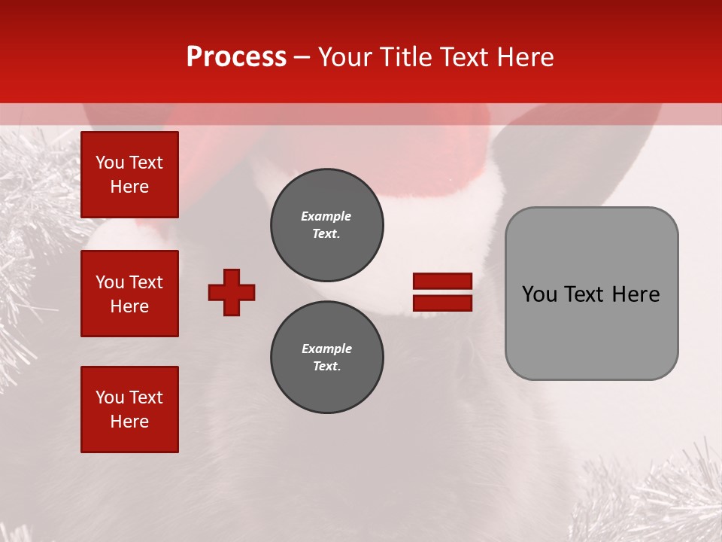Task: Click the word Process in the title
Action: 236,58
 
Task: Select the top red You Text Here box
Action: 129,175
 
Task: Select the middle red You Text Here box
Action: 129,294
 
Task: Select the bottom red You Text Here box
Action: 129,409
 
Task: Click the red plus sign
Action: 232,292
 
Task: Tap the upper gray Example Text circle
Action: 326,225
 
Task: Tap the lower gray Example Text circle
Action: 326,358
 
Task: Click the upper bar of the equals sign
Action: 442,282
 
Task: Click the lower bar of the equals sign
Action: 442,303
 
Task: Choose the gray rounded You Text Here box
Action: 591,294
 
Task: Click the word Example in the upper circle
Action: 326,216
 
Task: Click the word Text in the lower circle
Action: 326,367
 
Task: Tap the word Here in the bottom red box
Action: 129,422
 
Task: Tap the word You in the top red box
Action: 110,163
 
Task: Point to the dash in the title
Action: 302,58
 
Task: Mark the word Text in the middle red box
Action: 145,282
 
